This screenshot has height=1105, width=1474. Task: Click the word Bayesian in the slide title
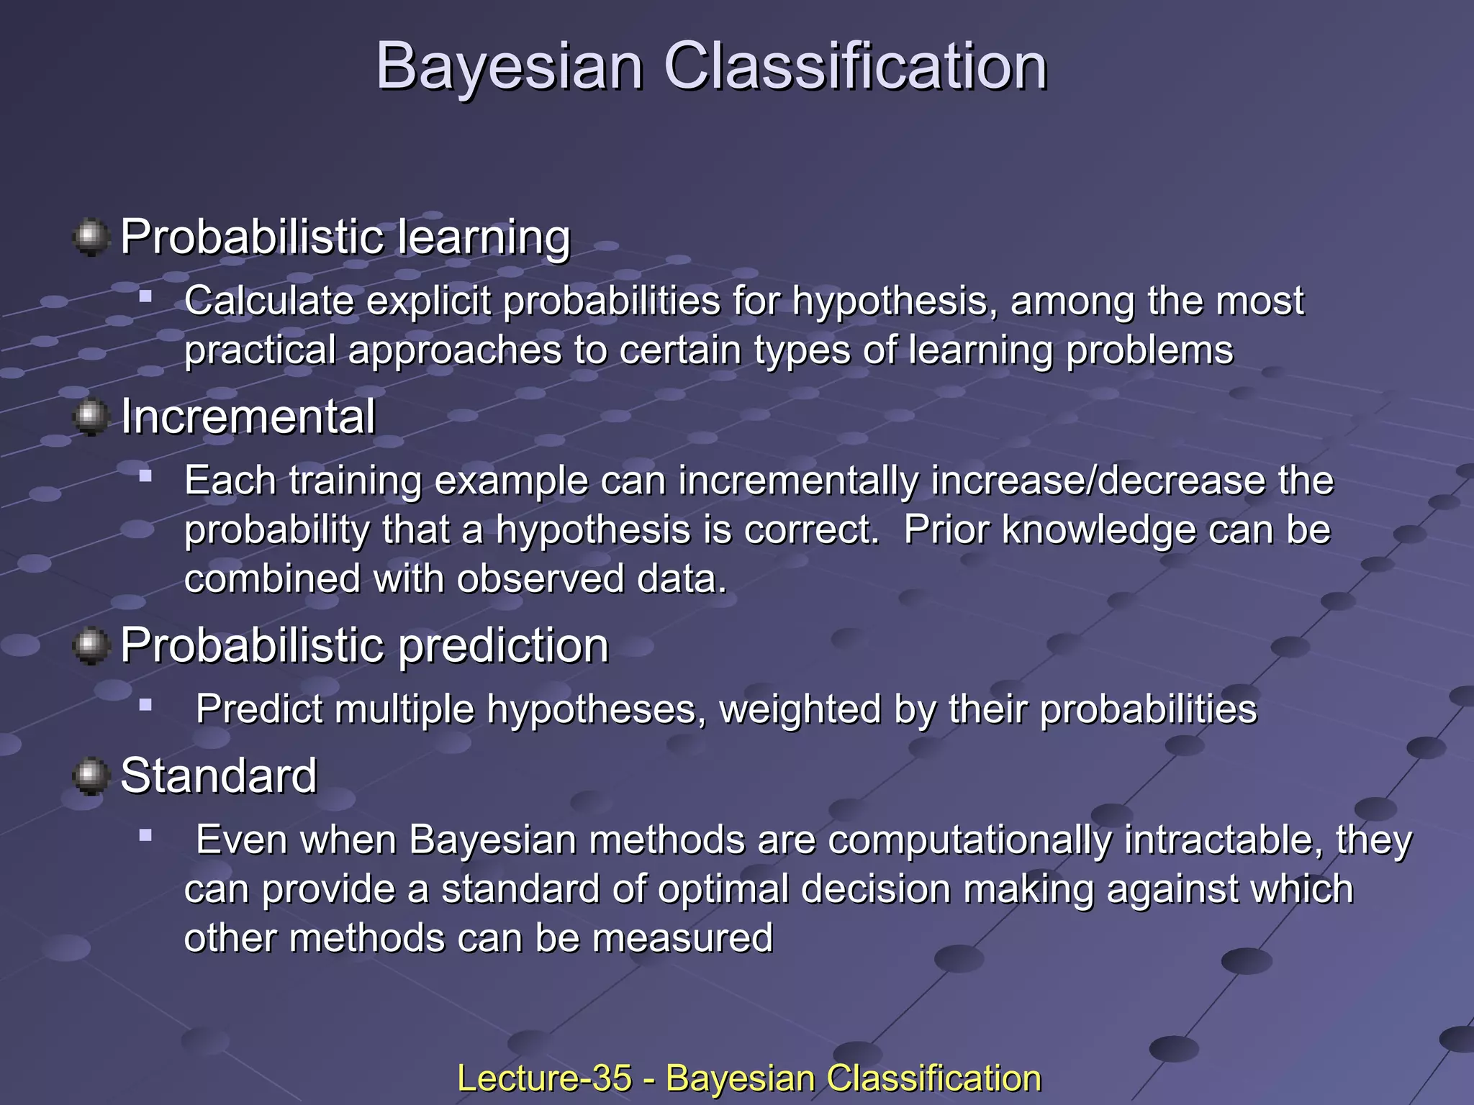(x=509, y=66)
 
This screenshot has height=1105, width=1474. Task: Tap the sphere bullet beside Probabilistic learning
(x=91, y=237)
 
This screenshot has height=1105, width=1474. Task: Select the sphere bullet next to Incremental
(x=91, y=417)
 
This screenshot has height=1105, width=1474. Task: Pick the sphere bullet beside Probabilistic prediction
(x=91, y=645)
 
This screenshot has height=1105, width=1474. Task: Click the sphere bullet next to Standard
(x=91, y=776)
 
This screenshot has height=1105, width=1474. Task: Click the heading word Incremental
(x=248, y=417)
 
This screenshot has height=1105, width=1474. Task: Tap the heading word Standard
(x=219, y=776)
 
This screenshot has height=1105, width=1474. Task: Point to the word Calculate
(x=269, y=301)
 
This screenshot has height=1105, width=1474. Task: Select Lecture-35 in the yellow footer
(x=544, y=1078)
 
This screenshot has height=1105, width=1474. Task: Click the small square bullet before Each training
(x=146, y=476)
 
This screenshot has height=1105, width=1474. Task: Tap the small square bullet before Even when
(x=146, y=835)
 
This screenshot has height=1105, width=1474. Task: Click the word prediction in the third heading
(x=503, y=645)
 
